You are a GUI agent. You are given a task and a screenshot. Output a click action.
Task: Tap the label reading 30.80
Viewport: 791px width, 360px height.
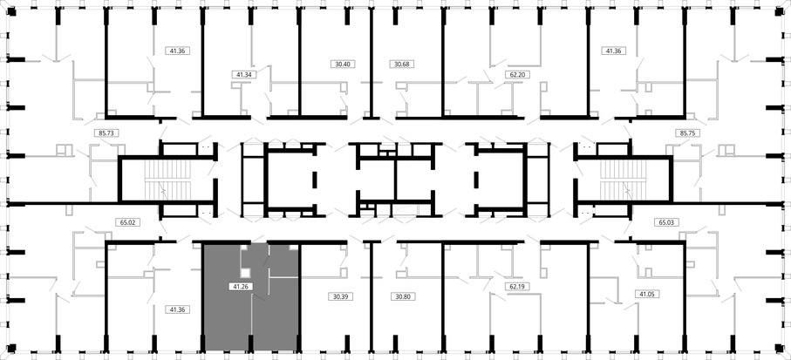click(403, 296)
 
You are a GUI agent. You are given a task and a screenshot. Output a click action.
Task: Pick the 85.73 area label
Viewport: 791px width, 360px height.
click(106, 133)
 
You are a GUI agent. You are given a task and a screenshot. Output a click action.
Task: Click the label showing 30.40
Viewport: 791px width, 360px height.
click(343, 64)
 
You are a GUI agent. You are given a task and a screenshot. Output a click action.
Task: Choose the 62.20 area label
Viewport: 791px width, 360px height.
click(516, 75)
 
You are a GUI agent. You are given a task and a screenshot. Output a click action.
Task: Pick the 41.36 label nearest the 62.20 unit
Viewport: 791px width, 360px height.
click(613, 51)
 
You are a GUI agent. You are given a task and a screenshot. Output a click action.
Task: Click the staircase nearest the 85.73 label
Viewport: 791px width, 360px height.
click(168, 180)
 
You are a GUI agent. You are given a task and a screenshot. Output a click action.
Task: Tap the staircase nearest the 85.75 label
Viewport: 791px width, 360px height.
click(623, 180)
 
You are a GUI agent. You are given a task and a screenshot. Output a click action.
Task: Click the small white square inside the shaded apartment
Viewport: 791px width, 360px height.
click(246, 273)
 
